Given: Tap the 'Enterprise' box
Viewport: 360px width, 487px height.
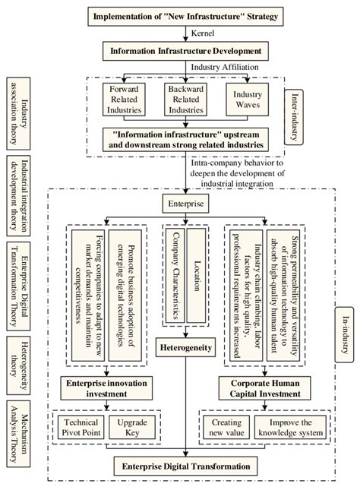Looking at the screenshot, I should pyautogui.click(x=184, y=204).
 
